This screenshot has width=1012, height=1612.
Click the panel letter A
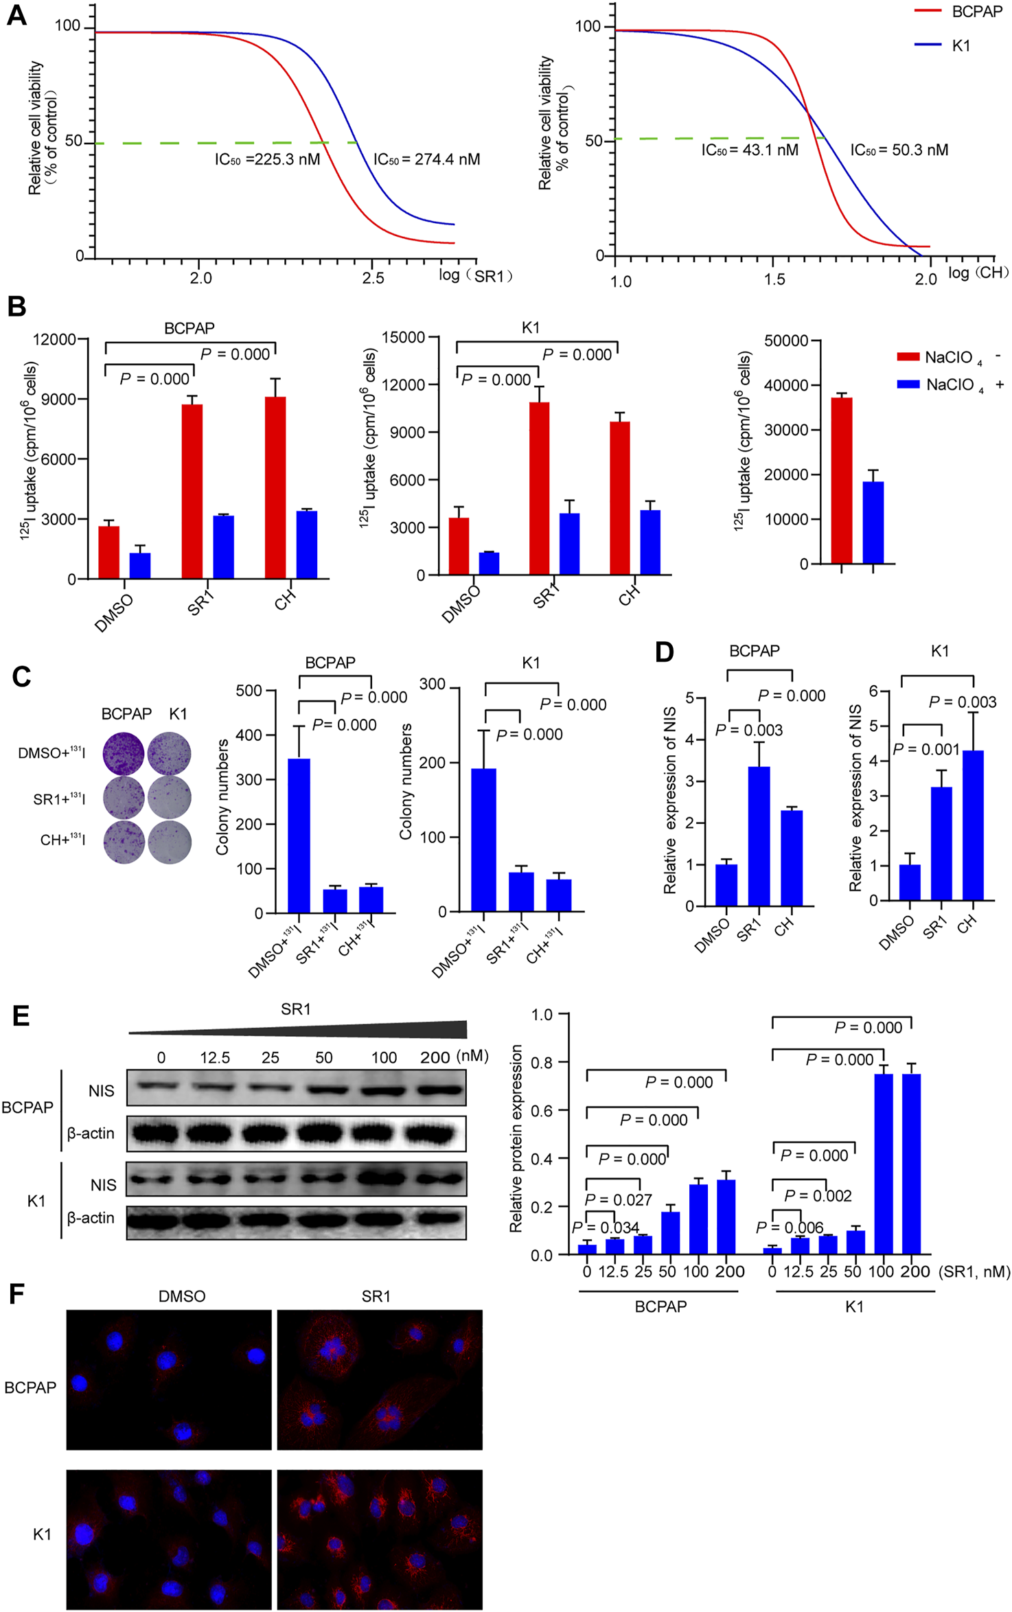[16, 16]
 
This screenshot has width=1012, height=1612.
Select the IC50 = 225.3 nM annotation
[267, 160]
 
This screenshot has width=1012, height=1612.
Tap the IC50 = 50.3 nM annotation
[899, 150]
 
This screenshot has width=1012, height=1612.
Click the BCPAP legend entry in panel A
[960, 12]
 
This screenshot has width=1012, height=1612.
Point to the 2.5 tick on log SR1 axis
[373, 278]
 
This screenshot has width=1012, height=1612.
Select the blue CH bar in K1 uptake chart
[649, 542]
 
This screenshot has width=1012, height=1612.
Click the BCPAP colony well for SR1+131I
[124, 798]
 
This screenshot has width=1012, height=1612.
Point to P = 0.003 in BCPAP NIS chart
[749, 730]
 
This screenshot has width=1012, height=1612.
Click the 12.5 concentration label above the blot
[215, 1058]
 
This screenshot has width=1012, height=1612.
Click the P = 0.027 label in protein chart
[618, 1199]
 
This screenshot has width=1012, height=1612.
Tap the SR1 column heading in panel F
[376, 1296]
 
